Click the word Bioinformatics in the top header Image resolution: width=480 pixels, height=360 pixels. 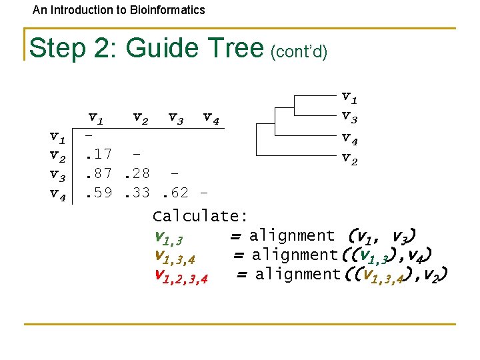165,10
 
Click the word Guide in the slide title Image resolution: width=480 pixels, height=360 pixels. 159,48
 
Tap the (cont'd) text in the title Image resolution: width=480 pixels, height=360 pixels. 298,51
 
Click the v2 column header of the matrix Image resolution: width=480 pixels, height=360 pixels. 141,119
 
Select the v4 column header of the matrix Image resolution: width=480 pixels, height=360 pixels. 211,119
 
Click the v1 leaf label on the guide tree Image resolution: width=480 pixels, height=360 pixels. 349,99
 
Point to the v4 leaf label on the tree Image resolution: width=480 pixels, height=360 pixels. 349,138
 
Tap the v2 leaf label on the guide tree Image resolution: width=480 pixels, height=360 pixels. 349,157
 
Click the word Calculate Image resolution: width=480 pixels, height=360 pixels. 201,216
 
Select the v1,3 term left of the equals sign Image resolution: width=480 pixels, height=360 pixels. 168,237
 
